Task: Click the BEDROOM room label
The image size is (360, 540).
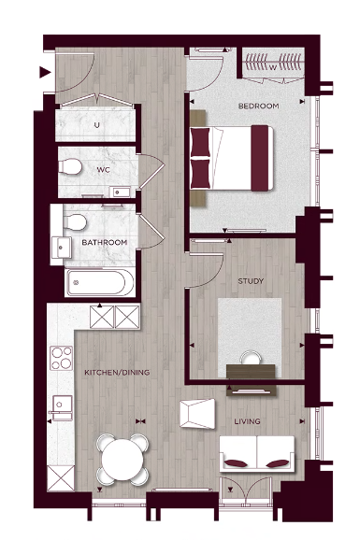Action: point(259,107)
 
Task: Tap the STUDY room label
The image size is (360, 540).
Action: point(251,281)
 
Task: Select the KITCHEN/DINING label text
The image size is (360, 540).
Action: point(116,373)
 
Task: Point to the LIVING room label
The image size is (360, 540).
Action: point(247,422)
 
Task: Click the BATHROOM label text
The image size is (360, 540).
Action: point(104,243)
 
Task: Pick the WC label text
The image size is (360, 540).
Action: point(104,170)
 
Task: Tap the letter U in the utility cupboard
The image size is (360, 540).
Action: point(96,124)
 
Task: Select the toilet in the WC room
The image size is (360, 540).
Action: point(70,166)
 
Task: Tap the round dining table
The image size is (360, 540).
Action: point(123,458)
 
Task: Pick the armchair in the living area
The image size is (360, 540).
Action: point(199,411)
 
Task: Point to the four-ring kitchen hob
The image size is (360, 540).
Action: point(62,356)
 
